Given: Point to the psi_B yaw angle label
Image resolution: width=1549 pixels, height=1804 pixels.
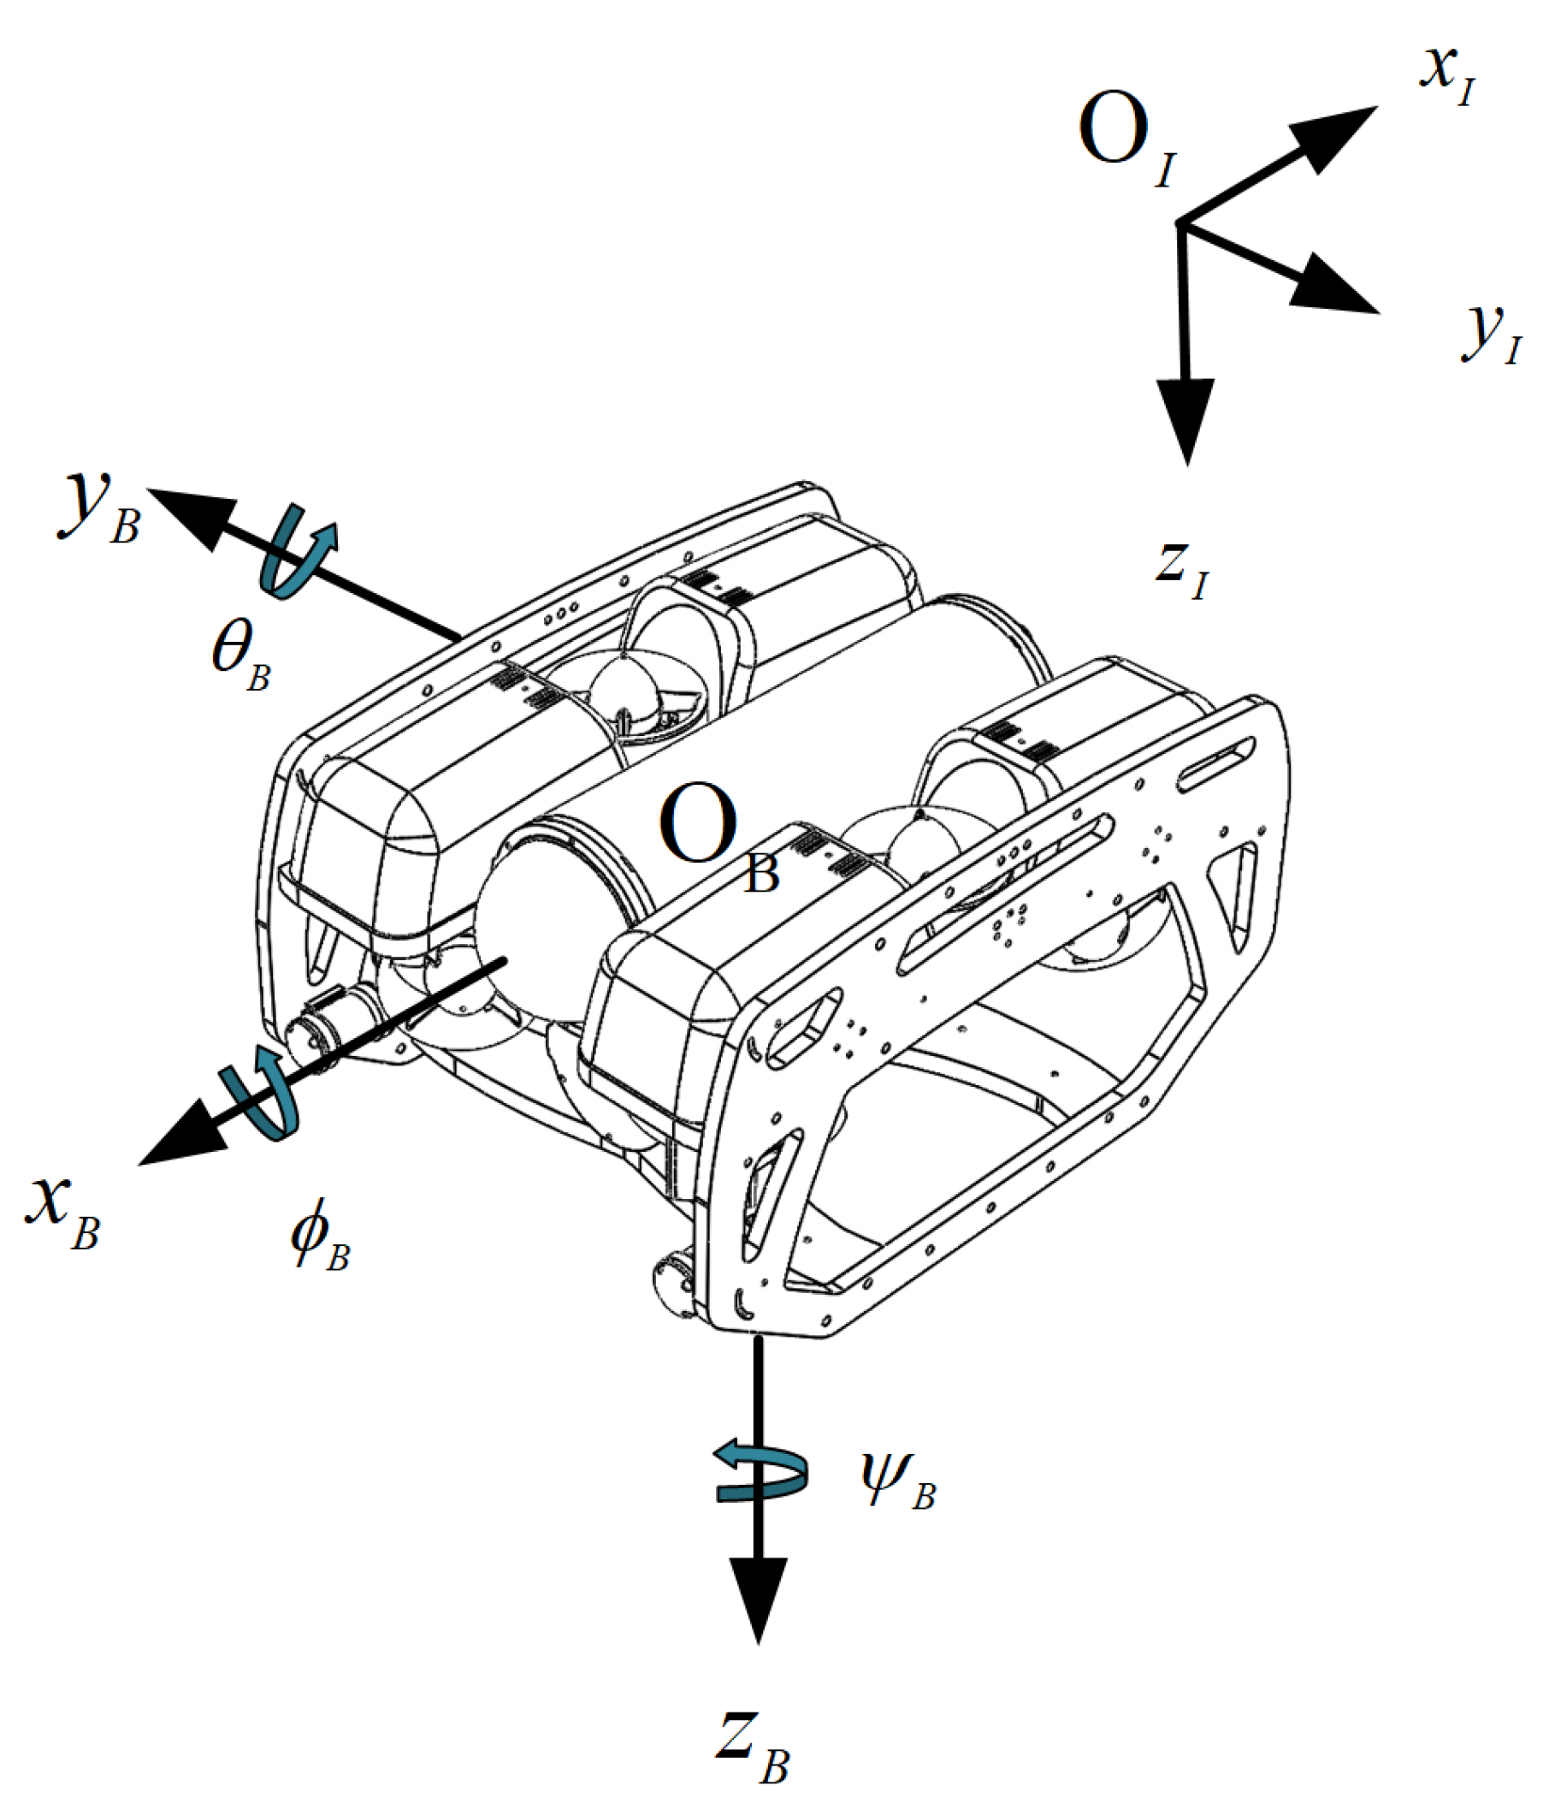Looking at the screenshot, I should pos(896,1485).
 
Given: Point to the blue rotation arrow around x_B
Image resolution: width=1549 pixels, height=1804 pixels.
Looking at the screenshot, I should pos(261,1097).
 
